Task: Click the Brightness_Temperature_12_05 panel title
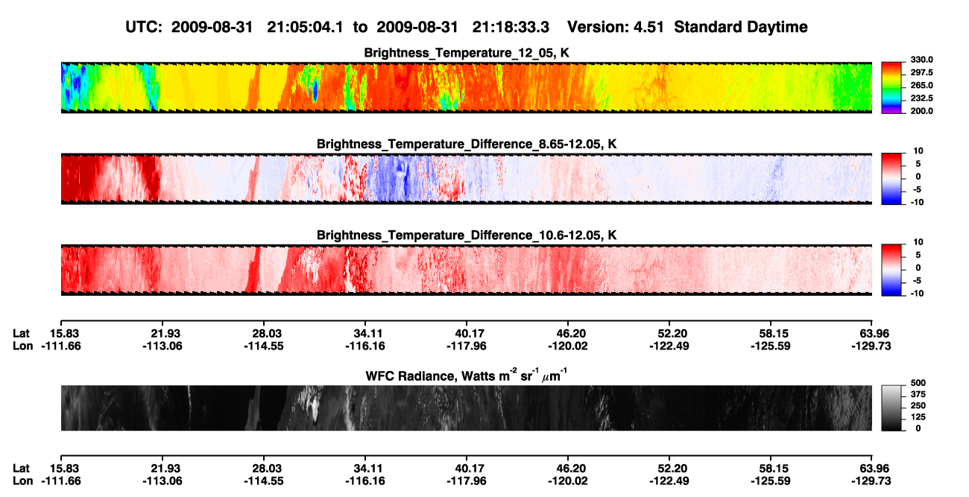coord(467,53)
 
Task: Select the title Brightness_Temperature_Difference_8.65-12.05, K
coord(467,144)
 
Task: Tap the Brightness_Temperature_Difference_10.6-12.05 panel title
coord(467,235)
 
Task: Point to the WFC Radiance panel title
coord(467,376)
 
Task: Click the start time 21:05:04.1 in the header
coord(305,28)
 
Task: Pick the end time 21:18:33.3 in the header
coord(511,28)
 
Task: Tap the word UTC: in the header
coord(144,28)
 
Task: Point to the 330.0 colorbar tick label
coord(921,60)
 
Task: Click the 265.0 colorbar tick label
coord(921,85)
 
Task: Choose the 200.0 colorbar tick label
coord(921,111)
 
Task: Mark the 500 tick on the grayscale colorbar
coord(918,383)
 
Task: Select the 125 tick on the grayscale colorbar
coord(918,417)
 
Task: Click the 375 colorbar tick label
coord(918,394)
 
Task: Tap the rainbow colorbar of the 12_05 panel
coord(891,88)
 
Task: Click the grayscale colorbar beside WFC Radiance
coord(891,408)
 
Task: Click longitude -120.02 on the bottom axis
coord(567,481)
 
